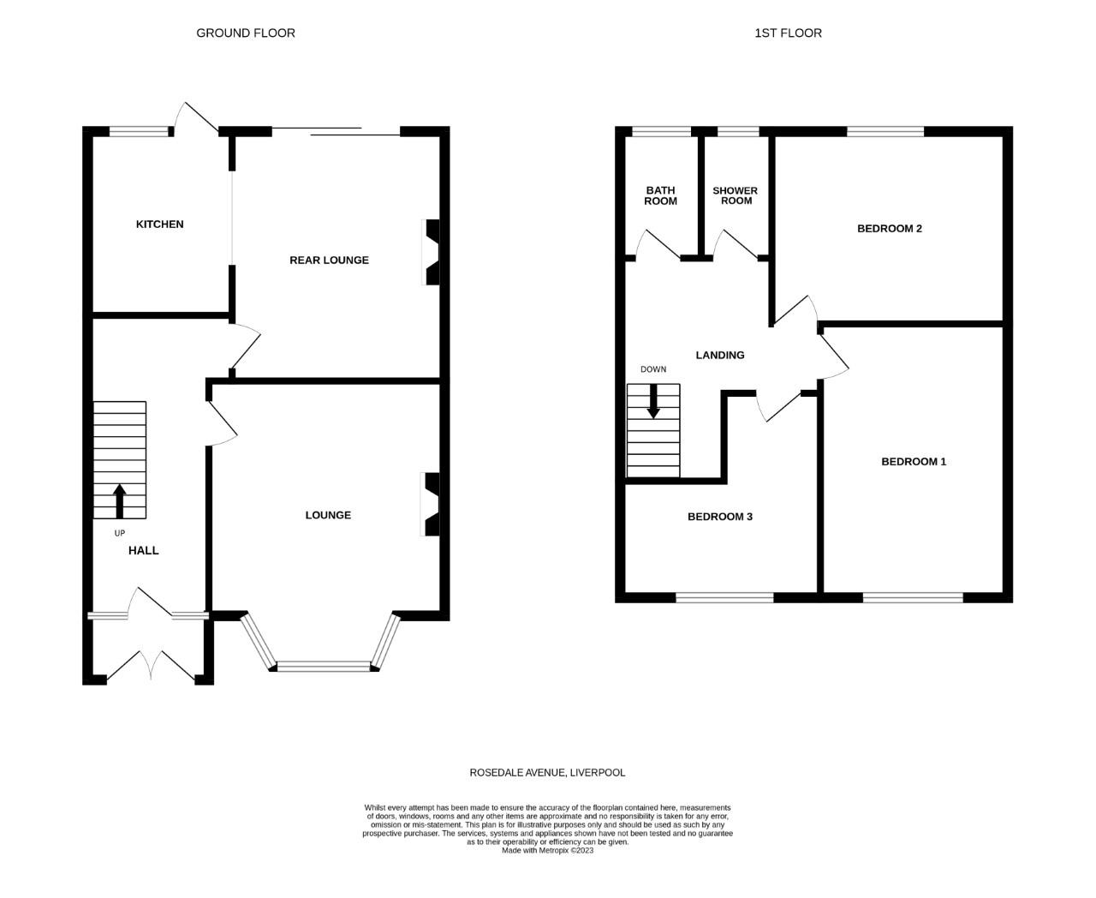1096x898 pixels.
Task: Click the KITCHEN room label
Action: (159, 224)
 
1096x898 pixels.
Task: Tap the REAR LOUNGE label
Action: (329, 260)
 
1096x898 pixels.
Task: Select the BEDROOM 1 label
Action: (914, 462)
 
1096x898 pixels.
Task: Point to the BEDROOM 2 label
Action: (890, 229)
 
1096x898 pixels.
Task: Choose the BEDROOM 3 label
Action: (720, 517)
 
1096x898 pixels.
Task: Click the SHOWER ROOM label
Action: (736, 195)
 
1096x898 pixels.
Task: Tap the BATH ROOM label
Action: (660, 195)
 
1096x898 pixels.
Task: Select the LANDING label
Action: (719, 356)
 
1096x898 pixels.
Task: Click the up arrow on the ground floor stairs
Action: (119, 501)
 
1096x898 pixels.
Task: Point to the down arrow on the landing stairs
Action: (653, 401)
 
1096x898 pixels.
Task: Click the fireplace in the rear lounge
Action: (433, 252)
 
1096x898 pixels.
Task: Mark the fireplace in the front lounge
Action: (433, 504)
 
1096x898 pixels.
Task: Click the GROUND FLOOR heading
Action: (246, 33)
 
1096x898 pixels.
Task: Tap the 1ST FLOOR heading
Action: (788, 33)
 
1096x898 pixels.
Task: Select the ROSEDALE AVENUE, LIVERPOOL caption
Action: (547, 773)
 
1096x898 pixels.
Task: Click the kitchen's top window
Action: (139, 132)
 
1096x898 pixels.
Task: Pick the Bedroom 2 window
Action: (885, 132)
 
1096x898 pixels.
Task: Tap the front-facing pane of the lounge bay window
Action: (324, 666)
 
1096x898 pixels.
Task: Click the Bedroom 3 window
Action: (724, 597)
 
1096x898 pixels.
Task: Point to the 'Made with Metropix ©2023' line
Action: (547, 851)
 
